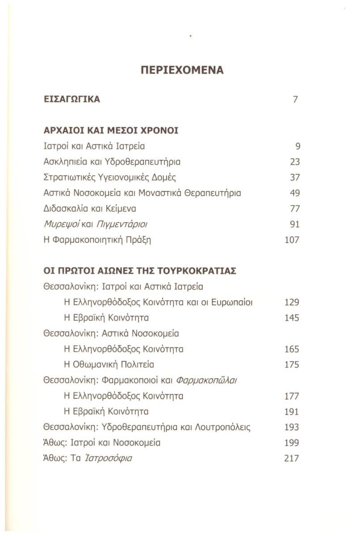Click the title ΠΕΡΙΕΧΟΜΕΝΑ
pos(182,70)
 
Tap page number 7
pos(295,99)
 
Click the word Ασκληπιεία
pos(63,162)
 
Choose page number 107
pos(292,240)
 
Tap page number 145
pos(292,318)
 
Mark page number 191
pos(292,411)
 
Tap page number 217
pos(292,458)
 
